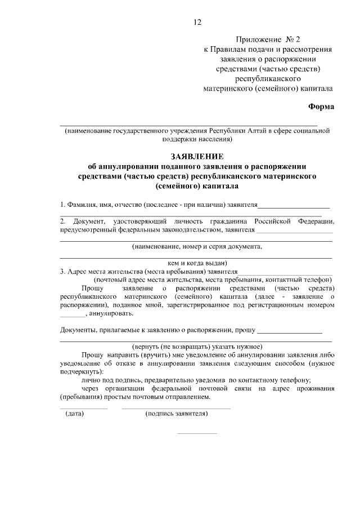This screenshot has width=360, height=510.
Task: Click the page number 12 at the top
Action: point(196,23)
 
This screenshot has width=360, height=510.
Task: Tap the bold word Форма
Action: point(321,107)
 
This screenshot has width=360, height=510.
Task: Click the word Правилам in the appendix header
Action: point(232,49)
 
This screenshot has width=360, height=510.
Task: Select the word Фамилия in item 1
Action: point(82,205)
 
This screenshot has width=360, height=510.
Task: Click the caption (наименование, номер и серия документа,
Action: point(196,246)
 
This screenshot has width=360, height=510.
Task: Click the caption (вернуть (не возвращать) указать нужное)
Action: point(196,346)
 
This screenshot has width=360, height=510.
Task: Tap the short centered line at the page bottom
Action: point(196,433)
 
